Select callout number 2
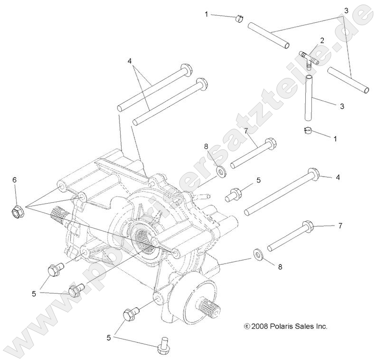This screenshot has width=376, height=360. tap(322, 40)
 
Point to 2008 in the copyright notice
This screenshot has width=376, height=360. tap(261, 326)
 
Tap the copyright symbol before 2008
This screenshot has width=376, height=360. tap(246, 326)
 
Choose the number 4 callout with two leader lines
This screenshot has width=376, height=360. tap(129, 61)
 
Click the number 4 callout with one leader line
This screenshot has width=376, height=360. tap(338, 177)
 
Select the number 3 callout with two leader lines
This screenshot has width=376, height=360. tap(346, 10)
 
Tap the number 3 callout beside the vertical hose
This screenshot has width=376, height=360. tap(341, 107)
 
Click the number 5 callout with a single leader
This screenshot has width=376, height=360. tap(259, 180)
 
